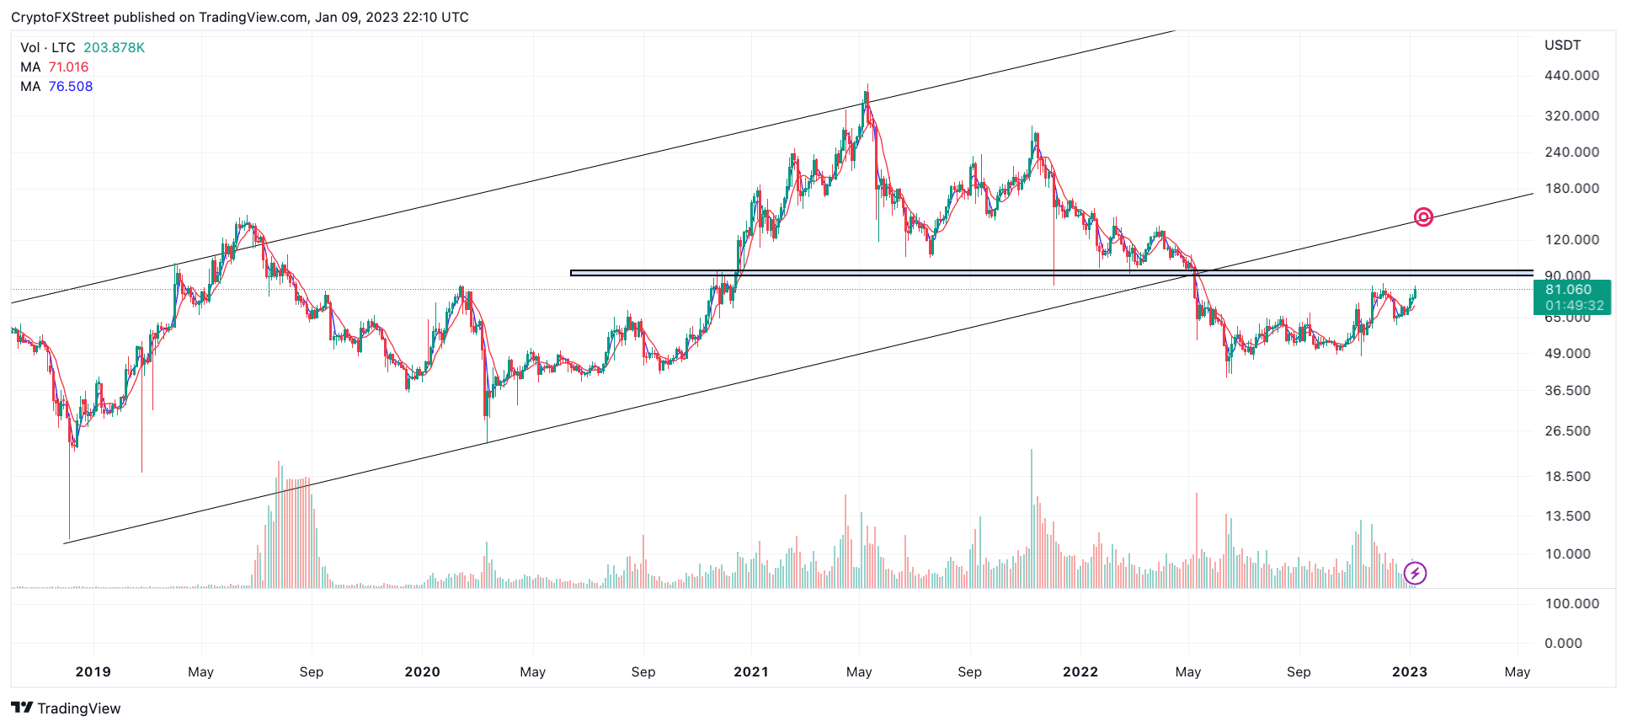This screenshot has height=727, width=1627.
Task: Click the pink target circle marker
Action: point(1423,217)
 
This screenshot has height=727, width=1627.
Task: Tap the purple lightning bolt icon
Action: point(1415,574)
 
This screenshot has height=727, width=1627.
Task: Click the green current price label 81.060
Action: point(1568,290)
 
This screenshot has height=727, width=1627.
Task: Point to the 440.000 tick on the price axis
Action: point(1571,76)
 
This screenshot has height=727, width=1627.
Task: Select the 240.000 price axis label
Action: point(1571,152)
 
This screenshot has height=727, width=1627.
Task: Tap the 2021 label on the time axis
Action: point(750,672)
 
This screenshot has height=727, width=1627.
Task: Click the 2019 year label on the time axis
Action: point(93,672)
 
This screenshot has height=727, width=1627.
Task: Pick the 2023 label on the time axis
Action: point(1409,672)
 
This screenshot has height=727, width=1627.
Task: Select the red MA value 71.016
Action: point(68,67)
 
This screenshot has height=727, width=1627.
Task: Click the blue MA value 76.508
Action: point(71,87)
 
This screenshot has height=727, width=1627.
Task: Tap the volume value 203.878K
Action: point(114,48)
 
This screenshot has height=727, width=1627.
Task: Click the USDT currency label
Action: point(1562,45)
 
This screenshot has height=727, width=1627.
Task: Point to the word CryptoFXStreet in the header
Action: point(60,18)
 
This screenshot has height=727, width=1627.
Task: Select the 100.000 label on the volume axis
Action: point(1571,604)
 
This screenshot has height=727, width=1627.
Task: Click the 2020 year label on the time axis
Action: point(422,672)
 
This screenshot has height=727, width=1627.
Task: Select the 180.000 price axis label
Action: point(1571,189)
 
